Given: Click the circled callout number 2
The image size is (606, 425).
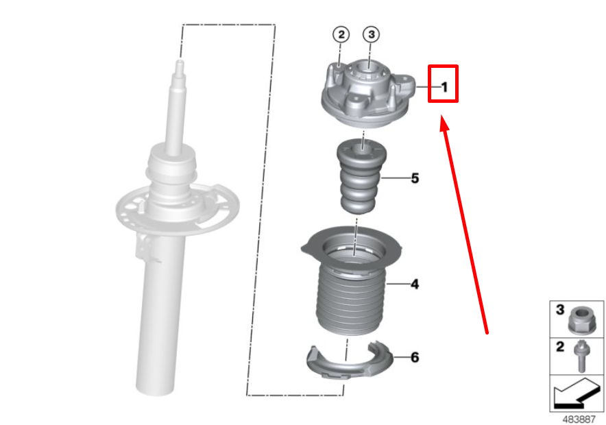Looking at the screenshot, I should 341,34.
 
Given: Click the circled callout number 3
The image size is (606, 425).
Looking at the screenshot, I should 370,34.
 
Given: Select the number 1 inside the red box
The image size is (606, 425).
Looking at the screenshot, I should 444,86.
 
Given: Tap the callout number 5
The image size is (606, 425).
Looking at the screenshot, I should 415,178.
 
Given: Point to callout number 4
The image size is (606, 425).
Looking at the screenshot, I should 415,283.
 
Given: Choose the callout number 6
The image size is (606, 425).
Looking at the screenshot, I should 415,357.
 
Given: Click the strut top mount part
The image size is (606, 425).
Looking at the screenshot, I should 367,96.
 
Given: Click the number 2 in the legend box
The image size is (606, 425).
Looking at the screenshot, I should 559,347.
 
